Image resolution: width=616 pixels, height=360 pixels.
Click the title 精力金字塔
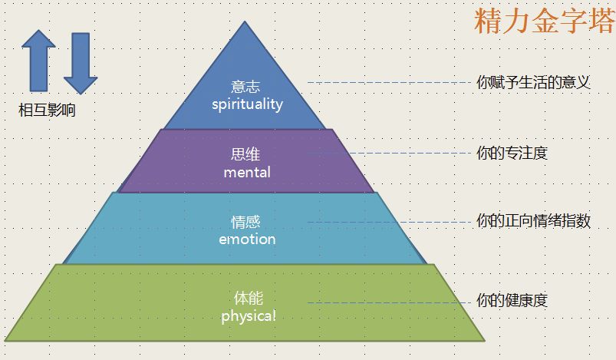click(x=544, y=21)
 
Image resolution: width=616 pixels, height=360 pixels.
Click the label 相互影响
click(x=47, y=110)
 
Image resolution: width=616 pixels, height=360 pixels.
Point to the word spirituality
click(x=247, y=104)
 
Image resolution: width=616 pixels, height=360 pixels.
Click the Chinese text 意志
click(x=245, y=87)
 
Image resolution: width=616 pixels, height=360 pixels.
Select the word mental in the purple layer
click(x=247, y=172)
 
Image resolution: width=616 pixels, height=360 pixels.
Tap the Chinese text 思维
click(x=245, y=154)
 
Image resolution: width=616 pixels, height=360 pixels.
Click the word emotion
click(x=247, y=239)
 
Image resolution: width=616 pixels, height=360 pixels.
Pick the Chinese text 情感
click(x=245, y=222)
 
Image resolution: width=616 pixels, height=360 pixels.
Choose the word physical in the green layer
click(x=248, y=315)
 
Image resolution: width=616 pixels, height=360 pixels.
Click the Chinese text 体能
click(x=248, y=298)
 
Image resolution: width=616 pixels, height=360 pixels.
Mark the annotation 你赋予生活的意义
click(x=533, y=83)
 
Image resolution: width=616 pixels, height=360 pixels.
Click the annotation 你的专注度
click(x=512, y=154)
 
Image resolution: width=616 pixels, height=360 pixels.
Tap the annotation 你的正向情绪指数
click(x=533, y=222)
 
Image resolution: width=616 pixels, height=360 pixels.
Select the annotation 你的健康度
click(x=512, y=301)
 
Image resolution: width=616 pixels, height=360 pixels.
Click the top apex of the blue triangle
click(x=245, y=22)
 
